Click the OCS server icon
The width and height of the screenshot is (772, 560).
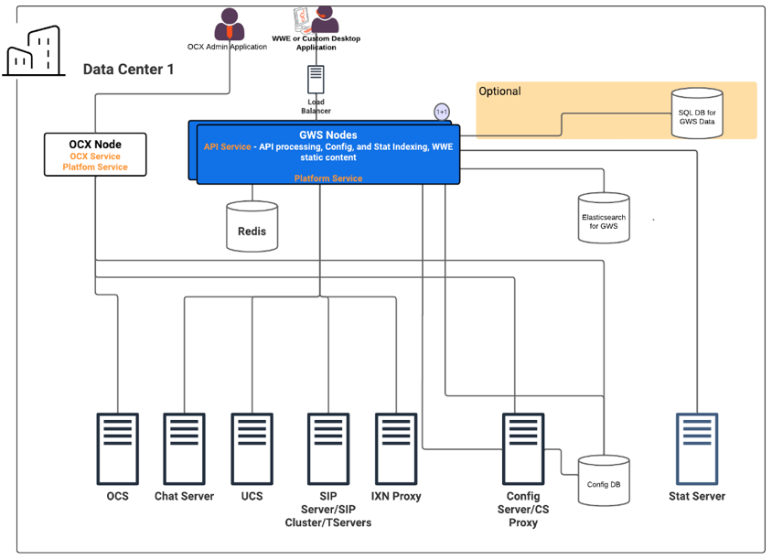pos(117,448)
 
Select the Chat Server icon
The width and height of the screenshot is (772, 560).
pos(185,448)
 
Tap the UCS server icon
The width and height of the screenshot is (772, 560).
pos(252,448)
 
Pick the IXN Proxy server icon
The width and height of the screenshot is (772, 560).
pos(396,448)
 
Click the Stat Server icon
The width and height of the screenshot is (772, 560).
pos(697,448)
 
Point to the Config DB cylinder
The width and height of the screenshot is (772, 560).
pos(604,480)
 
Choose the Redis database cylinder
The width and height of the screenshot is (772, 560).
pos(252,226)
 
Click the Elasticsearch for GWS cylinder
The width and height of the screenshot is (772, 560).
pos(604,218)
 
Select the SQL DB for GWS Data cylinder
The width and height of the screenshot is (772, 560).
pos(697,113)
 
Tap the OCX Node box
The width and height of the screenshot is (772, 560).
pos(95,155)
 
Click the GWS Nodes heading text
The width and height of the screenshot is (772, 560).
pos(327,135)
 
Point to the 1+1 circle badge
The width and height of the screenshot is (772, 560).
pos(442,112)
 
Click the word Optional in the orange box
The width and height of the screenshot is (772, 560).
pos(499,92)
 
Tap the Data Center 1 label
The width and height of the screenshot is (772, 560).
pos(128,70)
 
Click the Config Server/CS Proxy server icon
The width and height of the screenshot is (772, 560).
pos(523,448)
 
